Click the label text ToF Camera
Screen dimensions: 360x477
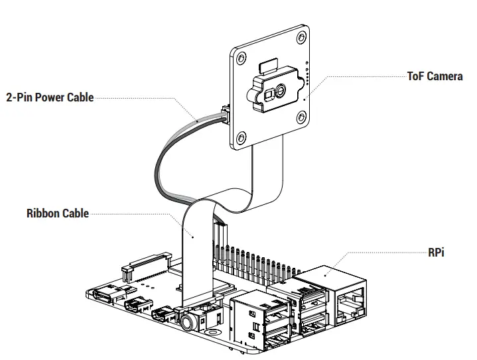[x=435, y=76]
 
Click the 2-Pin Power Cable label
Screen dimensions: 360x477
[x=50, y=98]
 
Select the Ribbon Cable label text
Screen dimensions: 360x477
[x=57, y=213]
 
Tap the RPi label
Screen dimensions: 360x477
[x=436, y=253]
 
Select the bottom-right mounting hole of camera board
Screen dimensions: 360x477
[x=301, y=117]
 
